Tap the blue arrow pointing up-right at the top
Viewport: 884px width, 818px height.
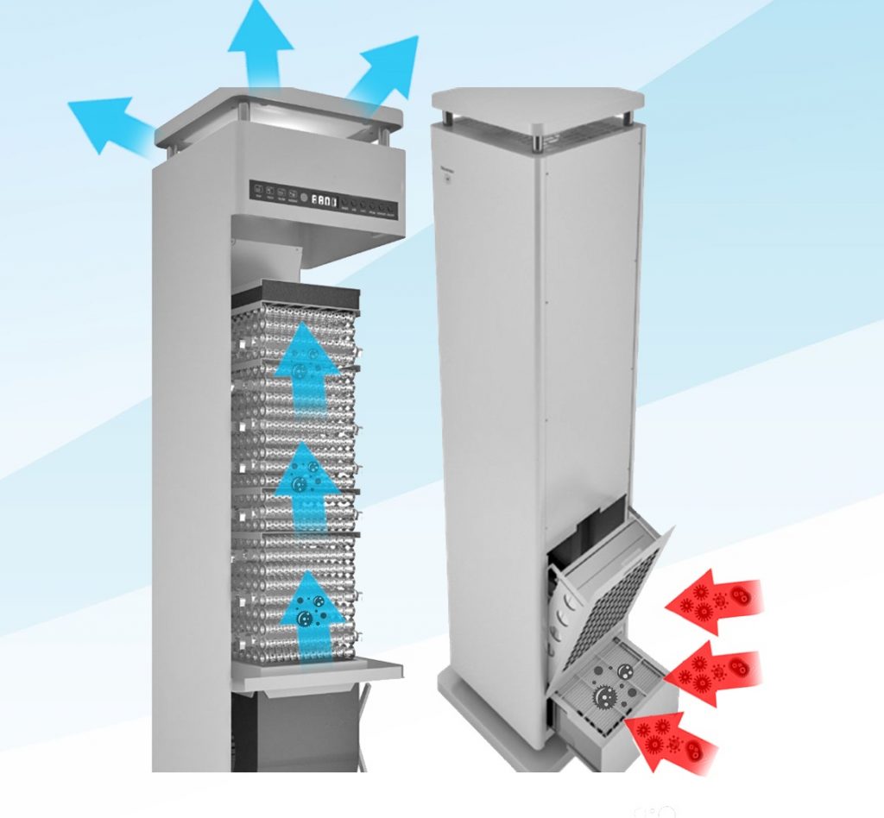tap(386, 73)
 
